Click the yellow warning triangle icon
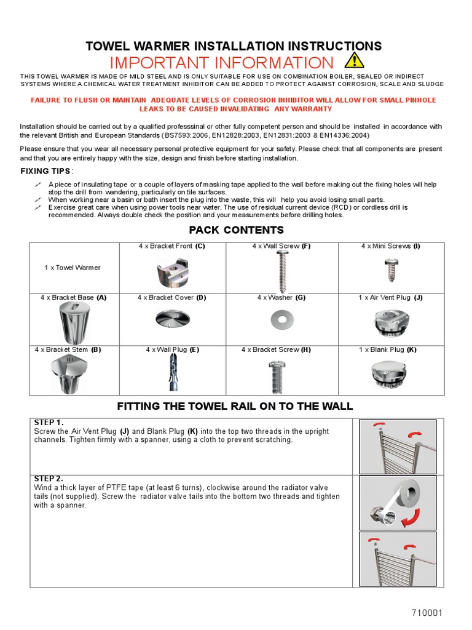point(353,61)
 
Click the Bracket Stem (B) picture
point(74,374)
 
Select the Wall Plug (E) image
point(171,374)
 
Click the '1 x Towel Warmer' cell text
point(72,268)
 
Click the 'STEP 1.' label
point(49,423)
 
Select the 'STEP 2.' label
point(49,479)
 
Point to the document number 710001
point(427,613)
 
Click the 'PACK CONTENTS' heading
point(236,230)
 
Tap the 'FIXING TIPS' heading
point(45,171)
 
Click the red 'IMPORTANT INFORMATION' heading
point(221,63)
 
